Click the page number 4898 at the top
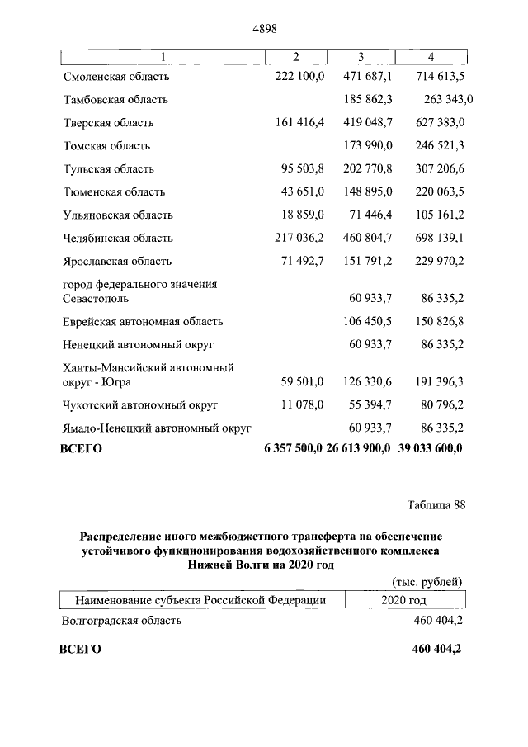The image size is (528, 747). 263,28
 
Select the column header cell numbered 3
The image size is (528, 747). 361,56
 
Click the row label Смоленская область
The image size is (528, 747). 116,77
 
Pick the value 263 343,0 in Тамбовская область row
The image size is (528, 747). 448,100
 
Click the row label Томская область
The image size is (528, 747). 106,146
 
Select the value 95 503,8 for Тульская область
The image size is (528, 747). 304,169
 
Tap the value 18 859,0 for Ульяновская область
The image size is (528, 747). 304,215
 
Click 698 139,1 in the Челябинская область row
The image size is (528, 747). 432,239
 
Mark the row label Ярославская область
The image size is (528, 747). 117,262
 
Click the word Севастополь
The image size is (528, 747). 97,299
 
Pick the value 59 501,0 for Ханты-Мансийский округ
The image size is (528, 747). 304,382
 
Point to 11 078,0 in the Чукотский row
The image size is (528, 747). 304,405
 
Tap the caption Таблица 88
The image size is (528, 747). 436,506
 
